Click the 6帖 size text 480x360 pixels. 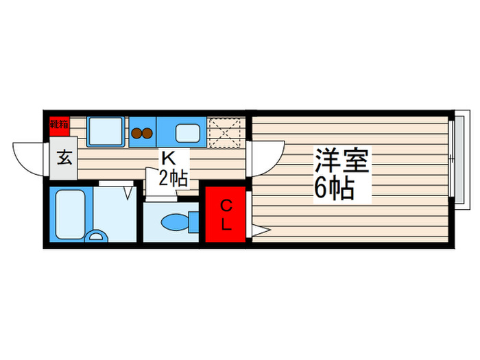[334, 187]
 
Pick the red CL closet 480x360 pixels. [226, 214]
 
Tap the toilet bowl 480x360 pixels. [175, 222]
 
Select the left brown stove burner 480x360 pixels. [136, 133]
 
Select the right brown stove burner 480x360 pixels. [147, 133]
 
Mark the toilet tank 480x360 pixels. [194, 222]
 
